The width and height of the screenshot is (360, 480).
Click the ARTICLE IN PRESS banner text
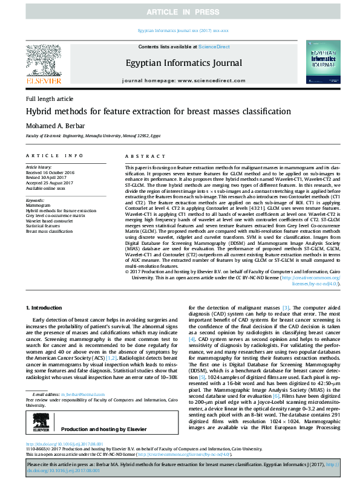point(180,12)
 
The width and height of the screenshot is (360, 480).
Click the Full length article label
point(49,99)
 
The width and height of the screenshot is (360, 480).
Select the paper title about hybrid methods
point(150,112)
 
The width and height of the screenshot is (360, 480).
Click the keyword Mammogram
point(38,205)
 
